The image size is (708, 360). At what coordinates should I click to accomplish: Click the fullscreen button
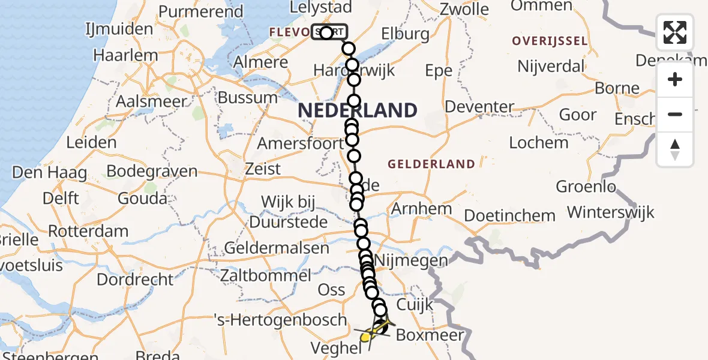(x=675, y=32)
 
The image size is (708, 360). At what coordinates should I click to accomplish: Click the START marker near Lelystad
(x=329, y=32)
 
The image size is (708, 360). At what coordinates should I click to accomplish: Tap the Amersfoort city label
(x=300, y=144)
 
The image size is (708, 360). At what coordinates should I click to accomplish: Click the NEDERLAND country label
(x=358, y=110)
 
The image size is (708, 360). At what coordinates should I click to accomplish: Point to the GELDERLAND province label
(x=431, y=164)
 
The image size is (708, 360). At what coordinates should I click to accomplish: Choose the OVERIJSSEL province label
(x=549, y=41)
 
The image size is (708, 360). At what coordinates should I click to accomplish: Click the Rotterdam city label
(x=88, y=231)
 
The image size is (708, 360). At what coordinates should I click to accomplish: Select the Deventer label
(x=480, y=107)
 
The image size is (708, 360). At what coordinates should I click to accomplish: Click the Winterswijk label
(x=611, y=212)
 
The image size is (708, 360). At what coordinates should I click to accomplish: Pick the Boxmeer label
(x=430, y=335)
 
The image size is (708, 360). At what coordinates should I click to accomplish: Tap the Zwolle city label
(x=464, y=10)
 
